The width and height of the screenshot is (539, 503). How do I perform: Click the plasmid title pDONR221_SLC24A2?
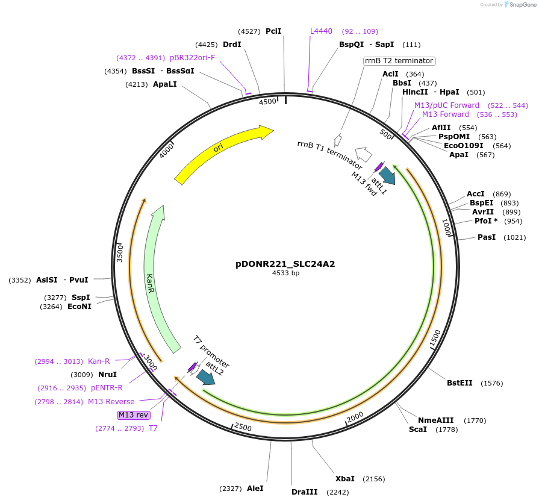point(285,264)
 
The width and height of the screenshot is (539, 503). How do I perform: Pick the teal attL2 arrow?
point(205,376)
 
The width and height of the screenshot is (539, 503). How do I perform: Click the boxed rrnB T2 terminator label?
point(399,61)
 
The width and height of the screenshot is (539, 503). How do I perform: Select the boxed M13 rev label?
point(134,415)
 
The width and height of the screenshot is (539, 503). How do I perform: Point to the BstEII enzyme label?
point(461,383)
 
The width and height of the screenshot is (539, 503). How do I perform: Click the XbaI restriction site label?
point(345,479)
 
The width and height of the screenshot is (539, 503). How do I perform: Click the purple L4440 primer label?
point(321,31)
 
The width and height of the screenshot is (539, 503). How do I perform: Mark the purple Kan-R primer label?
point(99,361)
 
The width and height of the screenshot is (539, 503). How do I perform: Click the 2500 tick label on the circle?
point(243,426)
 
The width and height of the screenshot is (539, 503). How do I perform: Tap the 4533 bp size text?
point(285,273)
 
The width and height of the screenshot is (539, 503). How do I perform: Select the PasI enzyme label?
point(486,237)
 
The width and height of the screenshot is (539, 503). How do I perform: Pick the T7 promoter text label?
point(211,352)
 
